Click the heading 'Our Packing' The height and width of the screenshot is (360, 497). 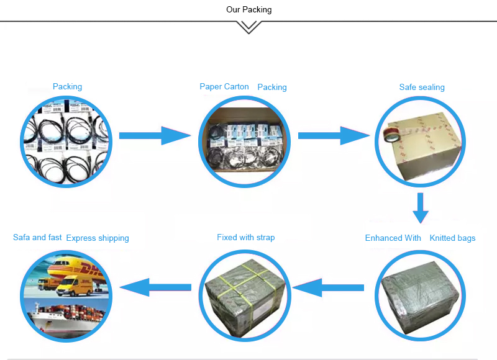pos(248,10)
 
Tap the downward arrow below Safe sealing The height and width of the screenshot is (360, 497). pos(421,208)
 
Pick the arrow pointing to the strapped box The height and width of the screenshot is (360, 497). pos(328,287)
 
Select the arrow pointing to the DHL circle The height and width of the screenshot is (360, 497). pos(155,286)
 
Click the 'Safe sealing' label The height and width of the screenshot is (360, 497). pos(422,88)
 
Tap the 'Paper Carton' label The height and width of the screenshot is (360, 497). pos(224,87)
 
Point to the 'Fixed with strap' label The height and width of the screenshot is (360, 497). pos(245,238)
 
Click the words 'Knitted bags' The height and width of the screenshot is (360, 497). pos(452,238)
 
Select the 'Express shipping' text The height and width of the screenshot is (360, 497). pos(98,238)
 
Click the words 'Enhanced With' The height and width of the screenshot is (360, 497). pos(393,238)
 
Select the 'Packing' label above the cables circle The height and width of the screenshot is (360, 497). pos(67,87)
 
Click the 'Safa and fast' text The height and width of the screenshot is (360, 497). pos(37,238)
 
